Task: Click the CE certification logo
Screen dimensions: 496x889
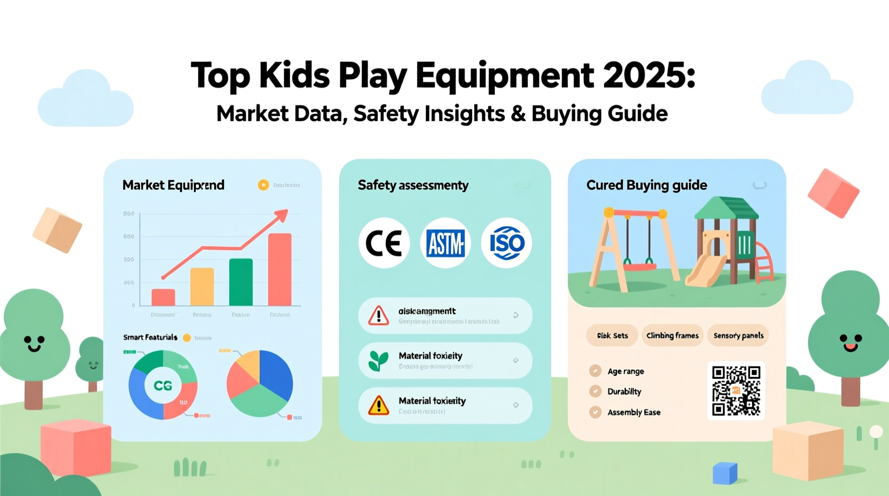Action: (x=384, y=243)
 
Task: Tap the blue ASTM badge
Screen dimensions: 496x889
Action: (x=445, y=244)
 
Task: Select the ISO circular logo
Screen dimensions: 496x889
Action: (x=506, y=243)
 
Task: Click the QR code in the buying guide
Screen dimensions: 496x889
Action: (x=736, y=391)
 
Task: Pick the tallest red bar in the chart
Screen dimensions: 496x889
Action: (x=279, y=269)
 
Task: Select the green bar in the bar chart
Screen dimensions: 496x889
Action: (x=241, y=282)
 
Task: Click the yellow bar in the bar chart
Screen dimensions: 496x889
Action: (x=202, y=286)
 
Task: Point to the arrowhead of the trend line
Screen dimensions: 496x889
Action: (x=282, y=215)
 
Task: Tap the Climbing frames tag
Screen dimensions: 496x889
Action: (x=672, y=336)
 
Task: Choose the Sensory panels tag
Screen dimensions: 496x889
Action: (x=738, y=336)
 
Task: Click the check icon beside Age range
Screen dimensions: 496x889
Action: (x=595, y=371)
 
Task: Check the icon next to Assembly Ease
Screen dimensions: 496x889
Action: (x=595, y=412)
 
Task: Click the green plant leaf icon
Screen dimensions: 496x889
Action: (x=378, y=361)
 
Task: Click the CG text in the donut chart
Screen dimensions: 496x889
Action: (x=163, y=385)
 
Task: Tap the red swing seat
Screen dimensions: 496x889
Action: (x=640, y=266)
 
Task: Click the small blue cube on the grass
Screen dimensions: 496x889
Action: (x=725, y=473)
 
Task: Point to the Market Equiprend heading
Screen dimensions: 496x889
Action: (x=173, y=185)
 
